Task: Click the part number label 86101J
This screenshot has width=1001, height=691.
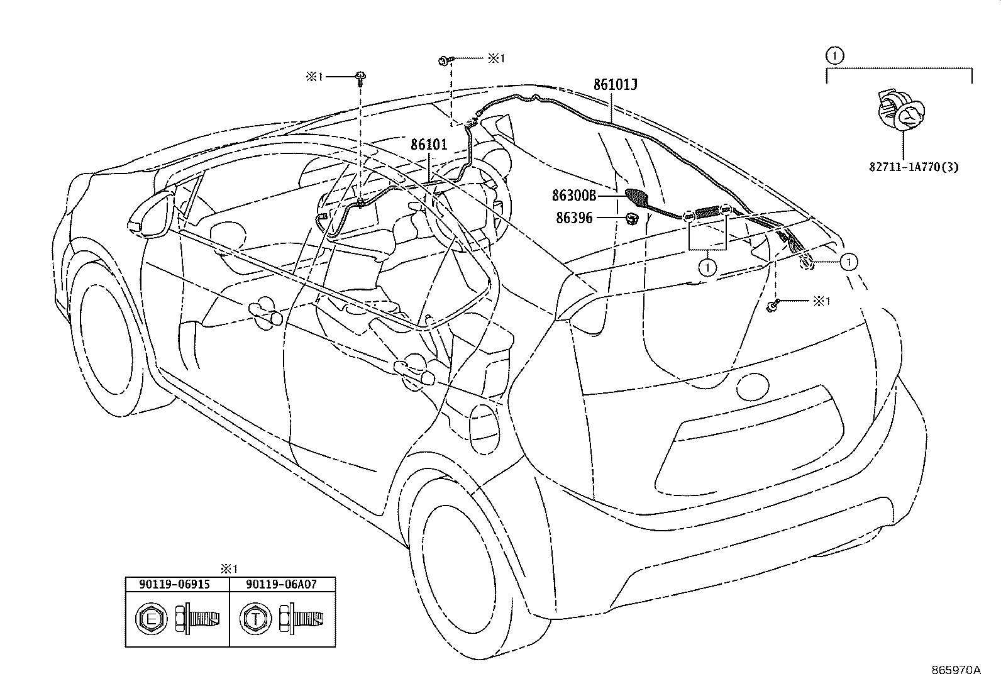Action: pyautogui.click(x=615, y=84)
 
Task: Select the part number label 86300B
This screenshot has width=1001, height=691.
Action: pyautogui.click(x=574, y=196)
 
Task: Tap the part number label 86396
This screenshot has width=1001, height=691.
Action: pyautogui.click(x=574, y=218)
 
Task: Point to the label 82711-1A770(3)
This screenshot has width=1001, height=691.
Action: pyautogui.click(x=914, y=167)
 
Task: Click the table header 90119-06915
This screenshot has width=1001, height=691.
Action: pyautogui.click(x=174, y=585)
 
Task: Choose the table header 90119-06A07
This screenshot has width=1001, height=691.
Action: pyautogui.click(x=281, y=585)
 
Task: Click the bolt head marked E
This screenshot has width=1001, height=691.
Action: pyautogui.click(x=152, y=619)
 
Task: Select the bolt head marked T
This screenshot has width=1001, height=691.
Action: pyautogui.click(x=255, y=619)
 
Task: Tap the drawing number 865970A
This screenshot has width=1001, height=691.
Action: pyautogui.click(x=956, y=670)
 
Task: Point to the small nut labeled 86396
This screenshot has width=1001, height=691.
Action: pyautogui.click(x=632, y=219)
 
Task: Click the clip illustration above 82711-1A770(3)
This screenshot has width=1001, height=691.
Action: pyautogui.click(x=900, y=111)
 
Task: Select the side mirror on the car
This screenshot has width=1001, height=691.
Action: pyautogui.click(x=152, y=214)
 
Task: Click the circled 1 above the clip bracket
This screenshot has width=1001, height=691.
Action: pyautogui.click(x=835, y=56)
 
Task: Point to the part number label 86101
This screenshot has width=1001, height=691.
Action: pyautogui.click(x=429, y=145)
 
